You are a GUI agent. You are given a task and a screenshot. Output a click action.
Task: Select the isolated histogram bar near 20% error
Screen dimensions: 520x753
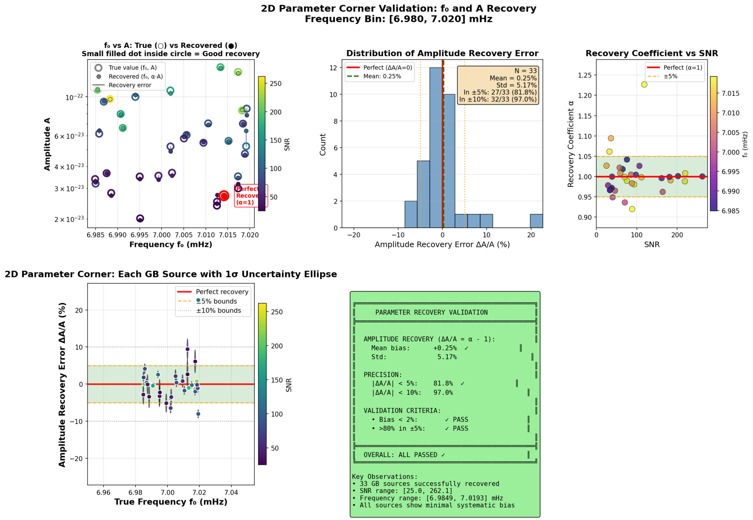[536, 221]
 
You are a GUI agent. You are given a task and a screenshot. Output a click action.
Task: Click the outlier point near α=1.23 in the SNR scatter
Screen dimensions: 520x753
[644, 84]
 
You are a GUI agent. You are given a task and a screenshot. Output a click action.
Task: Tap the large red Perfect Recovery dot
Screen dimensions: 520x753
[224, 196]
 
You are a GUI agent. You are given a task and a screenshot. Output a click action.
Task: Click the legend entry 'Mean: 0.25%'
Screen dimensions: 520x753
[382, 76]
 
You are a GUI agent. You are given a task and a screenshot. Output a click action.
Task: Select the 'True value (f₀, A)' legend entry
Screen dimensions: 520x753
[132, 67]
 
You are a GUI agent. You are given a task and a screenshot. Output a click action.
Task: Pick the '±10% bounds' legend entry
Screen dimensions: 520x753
[218, 310]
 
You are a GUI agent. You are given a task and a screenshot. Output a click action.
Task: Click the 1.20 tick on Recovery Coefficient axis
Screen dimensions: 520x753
[585, 96]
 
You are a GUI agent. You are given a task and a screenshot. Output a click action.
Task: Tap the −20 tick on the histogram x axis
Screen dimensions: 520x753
[354, 235]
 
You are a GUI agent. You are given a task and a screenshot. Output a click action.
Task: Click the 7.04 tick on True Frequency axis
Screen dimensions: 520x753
[231, 492]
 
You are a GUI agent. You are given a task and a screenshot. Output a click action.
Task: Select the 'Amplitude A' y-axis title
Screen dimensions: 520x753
[47, 144]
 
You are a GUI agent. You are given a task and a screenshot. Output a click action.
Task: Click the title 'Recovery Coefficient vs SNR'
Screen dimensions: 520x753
[652, 54]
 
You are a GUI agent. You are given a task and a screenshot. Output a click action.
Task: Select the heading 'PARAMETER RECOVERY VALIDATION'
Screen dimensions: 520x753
[431, 312]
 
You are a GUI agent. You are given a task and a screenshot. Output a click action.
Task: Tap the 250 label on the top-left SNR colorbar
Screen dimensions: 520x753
[276, 84]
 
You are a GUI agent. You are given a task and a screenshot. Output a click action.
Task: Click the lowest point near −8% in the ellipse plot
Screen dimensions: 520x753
[198, 414]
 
